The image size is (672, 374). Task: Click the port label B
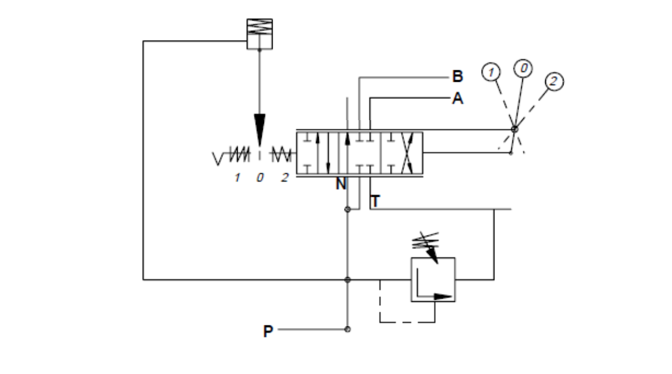pos(457,75)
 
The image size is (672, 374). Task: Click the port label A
pos(457,98)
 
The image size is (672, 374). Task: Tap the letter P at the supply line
pos(268,331)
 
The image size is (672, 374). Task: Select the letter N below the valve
pos(341,185)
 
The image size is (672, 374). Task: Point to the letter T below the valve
pos(375,201)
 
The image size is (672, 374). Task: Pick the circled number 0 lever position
pos(523,68)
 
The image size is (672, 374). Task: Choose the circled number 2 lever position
pos(553,81)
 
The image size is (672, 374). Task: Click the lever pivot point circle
pos(514,129)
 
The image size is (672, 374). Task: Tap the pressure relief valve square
pos(433,279)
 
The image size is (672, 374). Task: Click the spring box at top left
pos(259,34)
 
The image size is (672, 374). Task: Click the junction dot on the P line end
pos(347,329)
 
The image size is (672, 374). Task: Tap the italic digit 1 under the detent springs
pos(237,177)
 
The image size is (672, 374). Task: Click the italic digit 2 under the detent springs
pos(284,177)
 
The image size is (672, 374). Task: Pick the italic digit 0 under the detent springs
pos(260,177)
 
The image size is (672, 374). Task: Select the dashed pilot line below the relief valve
pos(406,321)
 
